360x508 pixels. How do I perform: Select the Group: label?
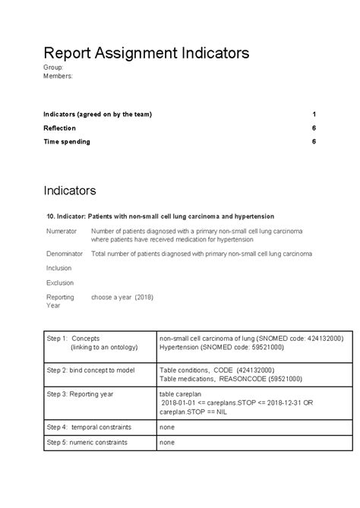coord(53,68)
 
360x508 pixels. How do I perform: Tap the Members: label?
coord(58,76)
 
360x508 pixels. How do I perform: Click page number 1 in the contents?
coord(314,114)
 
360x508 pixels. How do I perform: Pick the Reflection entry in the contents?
coord(59,128)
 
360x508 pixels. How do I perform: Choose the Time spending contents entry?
coord(67,141)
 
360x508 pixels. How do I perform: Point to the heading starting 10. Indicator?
coord(160,216)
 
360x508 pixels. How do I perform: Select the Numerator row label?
coord(62,230)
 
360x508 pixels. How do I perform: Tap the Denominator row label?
coord(65,254)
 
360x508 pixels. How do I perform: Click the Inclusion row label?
coord(58,267)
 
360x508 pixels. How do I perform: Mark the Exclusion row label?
coord(59,282)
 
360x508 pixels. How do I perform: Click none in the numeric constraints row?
coord(167,442)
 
